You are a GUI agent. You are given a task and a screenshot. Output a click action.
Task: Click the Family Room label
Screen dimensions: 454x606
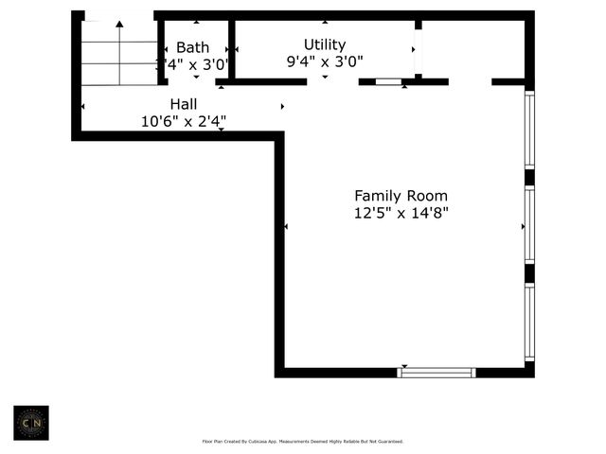[x=401, y=196]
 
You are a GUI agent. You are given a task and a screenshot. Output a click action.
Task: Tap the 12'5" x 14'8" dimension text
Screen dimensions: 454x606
[x=401, y=213]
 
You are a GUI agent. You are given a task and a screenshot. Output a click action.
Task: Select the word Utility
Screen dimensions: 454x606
[x=325, y=44]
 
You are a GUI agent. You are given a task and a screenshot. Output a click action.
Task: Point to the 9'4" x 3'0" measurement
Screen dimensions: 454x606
[x=325, y=61]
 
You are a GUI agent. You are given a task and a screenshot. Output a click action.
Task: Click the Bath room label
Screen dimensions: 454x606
[x=192, y=47]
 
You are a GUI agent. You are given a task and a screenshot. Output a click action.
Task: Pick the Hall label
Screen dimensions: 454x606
[x=184, y=103]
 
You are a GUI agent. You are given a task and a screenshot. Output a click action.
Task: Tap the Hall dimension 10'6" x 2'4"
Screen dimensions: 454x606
[x=184, y=120]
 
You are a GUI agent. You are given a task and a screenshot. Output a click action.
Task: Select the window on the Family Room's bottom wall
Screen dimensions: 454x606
[x=437, y=373]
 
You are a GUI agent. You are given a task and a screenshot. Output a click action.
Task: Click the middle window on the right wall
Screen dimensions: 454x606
[x=530, y=225]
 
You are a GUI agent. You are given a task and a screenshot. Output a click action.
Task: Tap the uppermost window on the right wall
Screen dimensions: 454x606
[x=530, y=130]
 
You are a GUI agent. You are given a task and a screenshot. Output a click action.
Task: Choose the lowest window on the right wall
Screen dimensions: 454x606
[x=530, y=323]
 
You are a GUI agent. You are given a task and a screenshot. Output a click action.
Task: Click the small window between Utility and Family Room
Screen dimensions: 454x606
[x=388, y=82]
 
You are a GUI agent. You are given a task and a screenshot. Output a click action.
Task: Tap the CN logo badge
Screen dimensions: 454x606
[x=31, y=424]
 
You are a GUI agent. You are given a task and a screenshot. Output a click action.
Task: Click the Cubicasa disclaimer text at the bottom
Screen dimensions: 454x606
[x=303, y=442]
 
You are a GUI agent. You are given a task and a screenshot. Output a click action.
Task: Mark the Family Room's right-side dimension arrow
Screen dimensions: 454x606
[x=522, y=227]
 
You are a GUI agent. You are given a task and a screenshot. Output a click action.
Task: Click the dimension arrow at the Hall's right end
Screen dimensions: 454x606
[x=281, y=106]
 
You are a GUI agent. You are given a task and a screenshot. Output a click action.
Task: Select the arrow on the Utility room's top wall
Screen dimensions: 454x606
[x=325, y=22]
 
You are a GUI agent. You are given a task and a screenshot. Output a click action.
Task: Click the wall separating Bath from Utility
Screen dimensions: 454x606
[x=232, y=49]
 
